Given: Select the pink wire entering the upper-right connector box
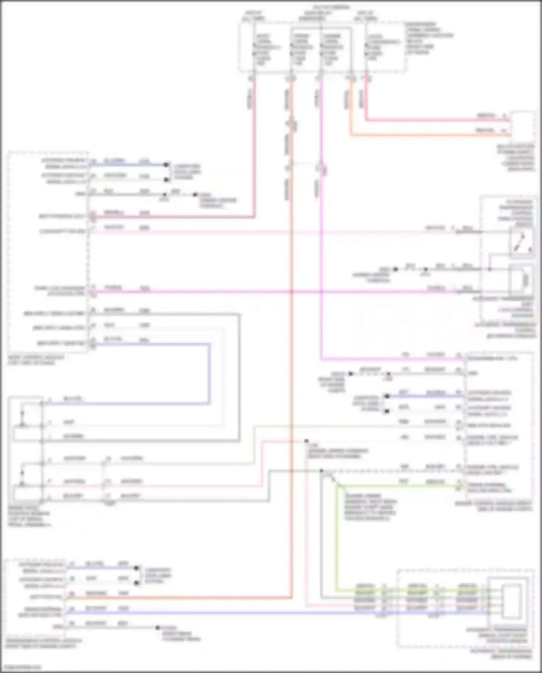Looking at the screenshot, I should click(x=434, y=120).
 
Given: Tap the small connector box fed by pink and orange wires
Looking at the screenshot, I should click(x=522, y=127).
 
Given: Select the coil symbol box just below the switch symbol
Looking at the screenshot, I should click(x=521, y=279).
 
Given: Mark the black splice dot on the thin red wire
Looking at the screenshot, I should click(x=306, y=441).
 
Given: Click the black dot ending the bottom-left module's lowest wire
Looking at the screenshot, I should click(x=158, y=627).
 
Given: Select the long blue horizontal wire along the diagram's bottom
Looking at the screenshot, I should click(x=253, y=613).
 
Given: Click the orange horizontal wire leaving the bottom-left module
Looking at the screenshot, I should click(x=181, y=598).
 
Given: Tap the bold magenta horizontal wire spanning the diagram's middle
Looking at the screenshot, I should click(x=253, y=291).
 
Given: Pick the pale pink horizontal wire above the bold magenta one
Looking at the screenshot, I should click(x=253, y=232).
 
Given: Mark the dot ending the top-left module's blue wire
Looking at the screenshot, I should click(x=166, y=165).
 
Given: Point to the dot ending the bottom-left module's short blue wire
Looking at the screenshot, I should click(x=137, y=568).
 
